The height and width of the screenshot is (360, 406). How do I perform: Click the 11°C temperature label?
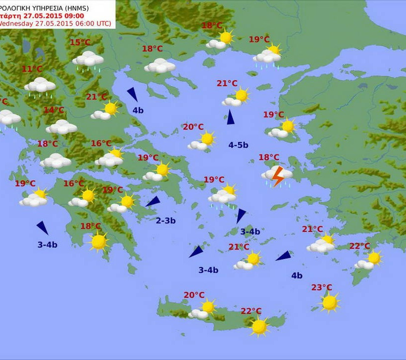pyautogui.click(x=32, y=69)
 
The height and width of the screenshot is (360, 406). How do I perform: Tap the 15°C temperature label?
pyautogui.click(x=80, y=43)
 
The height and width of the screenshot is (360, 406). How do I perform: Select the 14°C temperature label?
pyautogui.click(x=54, y=110)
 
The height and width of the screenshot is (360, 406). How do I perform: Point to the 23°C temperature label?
pyautogui.click(x=322, y=287)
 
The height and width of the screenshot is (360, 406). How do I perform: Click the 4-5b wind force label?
pyautogui.click(x=238, y=145)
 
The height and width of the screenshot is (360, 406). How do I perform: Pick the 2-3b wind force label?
pyautogui.click(x=166, y=220)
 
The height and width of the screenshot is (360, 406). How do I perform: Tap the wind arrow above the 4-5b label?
pyautogui.click(x=230, y=117)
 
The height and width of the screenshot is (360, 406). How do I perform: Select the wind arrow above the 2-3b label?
pyautogui.click(x=153, y=202)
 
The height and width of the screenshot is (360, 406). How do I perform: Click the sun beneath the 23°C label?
pyautogui.click(x=330, y=302)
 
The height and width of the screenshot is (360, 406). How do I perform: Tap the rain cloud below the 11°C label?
pyautogui.click(x=40, y=86)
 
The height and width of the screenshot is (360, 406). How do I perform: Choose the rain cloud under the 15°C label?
pyautogui.click(x=88, y=59)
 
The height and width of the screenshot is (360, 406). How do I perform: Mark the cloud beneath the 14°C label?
pyautogui.click(x=61, y=127)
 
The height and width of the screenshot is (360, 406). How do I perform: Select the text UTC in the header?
pyautogui.click(x=102, y=23)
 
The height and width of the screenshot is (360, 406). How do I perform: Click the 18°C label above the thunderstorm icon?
pyautogui.click(x=269, y=157)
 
